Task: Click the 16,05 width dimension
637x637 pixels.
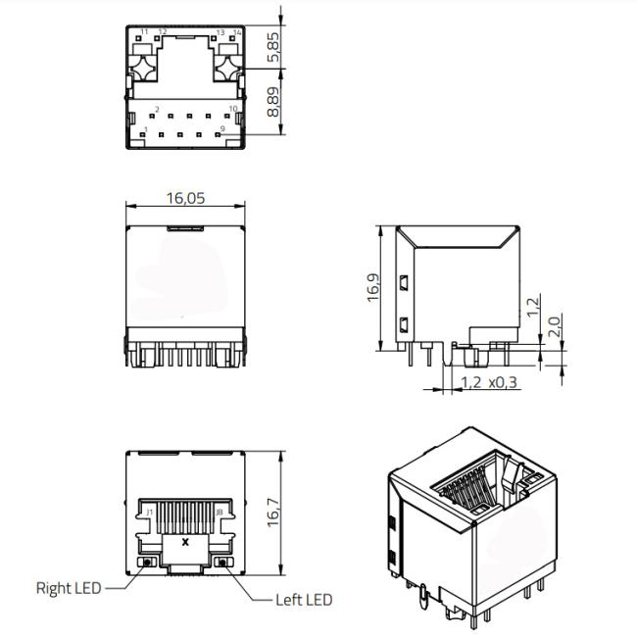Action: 185,198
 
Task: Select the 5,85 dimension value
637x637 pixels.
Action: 273,47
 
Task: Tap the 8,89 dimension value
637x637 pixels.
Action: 273,102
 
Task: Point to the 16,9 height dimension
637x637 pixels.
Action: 373,287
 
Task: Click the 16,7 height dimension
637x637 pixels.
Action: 273,513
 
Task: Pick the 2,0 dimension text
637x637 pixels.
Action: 555,326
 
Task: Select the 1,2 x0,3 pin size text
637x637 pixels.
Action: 489,382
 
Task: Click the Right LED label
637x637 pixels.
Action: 69,588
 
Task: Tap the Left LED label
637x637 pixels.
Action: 304,600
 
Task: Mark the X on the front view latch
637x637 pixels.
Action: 185,542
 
